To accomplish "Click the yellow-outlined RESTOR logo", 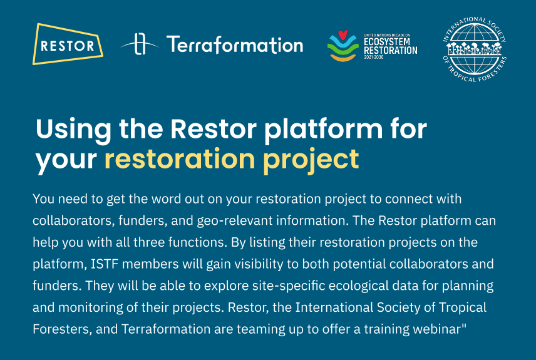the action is [x=68, y=44].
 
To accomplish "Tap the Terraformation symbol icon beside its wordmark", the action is [x=140, y=44].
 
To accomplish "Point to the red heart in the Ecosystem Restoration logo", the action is [x=343, y=35].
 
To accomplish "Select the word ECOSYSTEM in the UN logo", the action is [x=386, y=42].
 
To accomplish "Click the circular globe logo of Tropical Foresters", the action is [x=475, y=49].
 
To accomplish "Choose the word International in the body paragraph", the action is [x=334, y=307].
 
